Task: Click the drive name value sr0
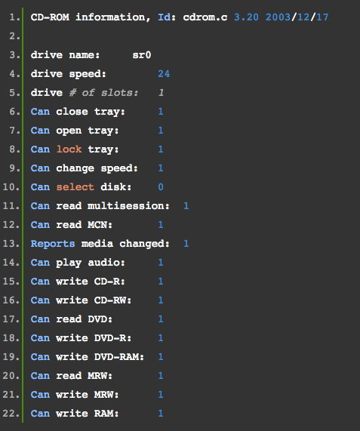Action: tap(142, 55)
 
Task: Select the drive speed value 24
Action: tap(164, 74)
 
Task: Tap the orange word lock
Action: tap(69, 149)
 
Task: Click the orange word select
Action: tap(75, 187)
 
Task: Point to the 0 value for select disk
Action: tap(161, 187)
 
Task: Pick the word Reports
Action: tap(53, 244)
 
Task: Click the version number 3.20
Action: tap(246, 17)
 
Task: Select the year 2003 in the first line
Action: tap(278, 17)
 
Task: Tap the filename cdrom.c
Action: tap(205, 17)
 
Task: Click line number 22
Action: tap(11, 414)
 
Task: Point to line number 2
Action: tap(14, 36)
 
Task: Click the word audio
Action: tap(106, 263)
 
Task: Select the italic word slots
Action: tap(119, 93)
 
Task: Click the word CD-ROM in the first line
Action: tap(50, 17)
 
